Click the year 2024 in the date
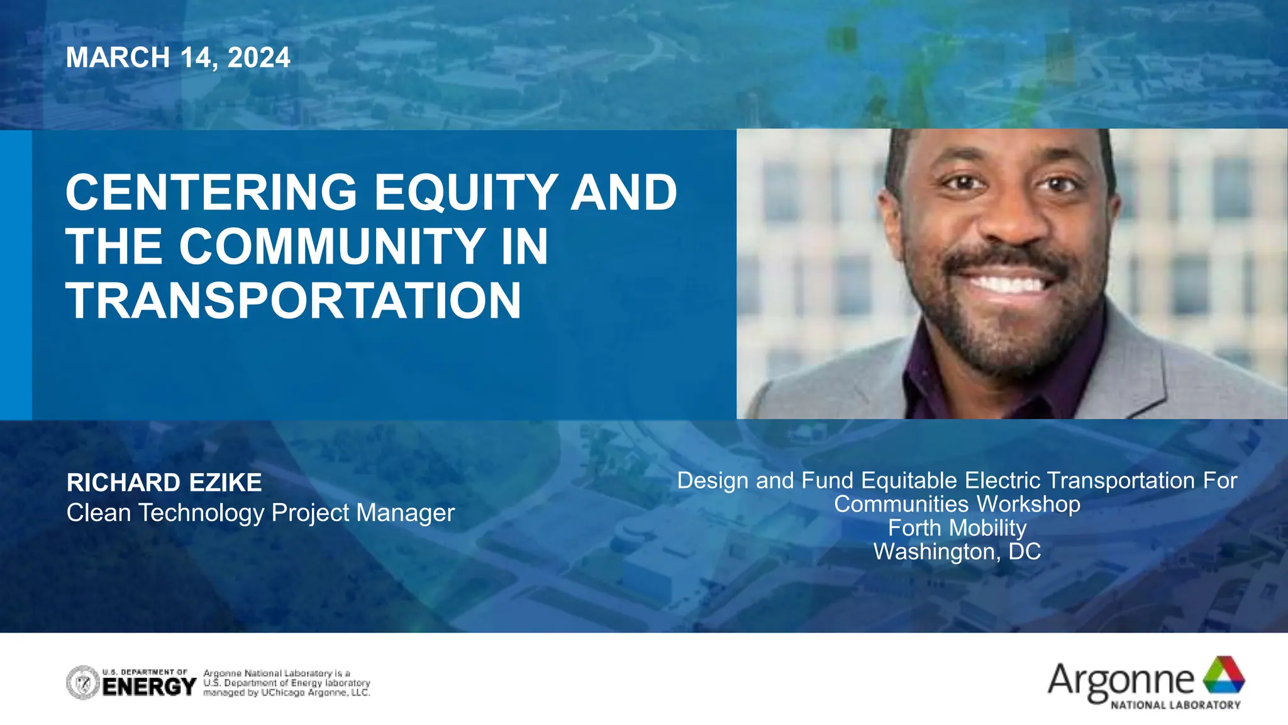click(258, 58)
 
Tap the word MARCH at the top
click(118, 58)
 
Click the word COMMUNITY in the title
click(332, 247)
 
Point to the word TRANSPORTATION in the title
click(294, 301)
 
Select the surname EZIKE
click(225, 483)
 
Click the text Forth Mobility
click(957, 528)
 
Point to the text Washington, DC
click(957, 552)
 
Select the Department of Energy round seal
click(83, 683)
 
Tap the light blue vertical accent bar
click(16, 274)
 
